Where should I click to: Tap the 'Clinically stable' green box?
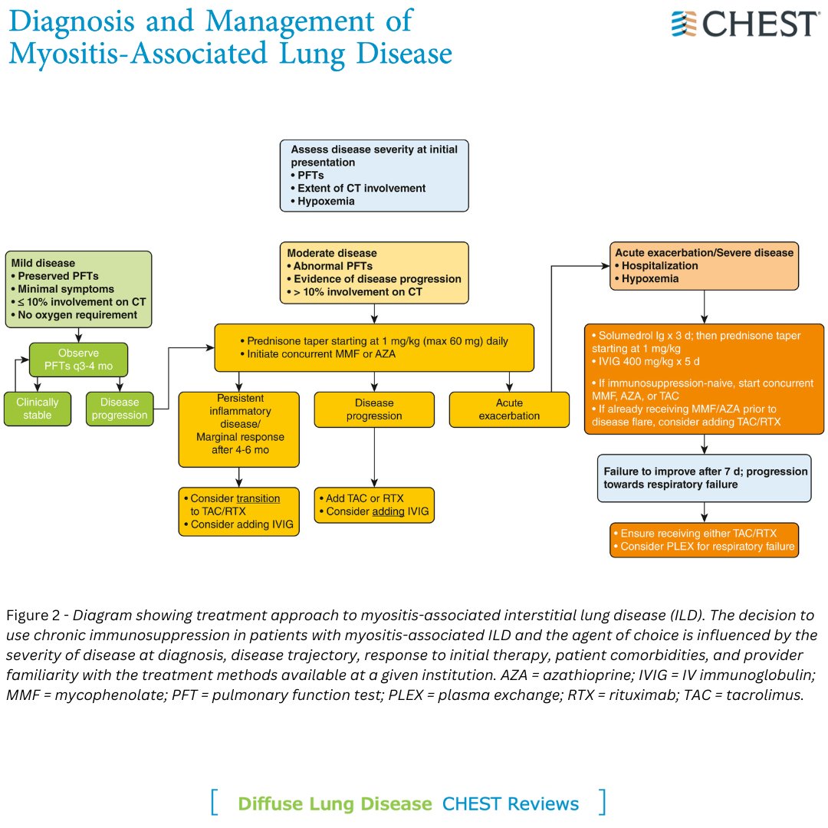point(36,409)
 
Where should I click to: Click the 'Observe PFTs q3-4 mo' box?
point(78,359)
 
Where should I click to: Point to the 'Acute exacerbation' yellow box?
point(509,409)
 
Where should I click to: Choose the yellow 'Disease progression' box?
point(374,409)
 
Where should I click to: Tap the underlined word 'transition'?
point(258,498)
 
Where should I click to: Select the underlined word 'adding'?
point(388,511)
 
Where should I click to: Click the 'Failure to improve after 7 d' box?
point(705,478)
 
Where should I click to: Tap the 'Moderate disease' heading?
point(332,252)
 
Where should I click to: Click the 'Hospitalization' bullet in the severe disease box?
point(659,265)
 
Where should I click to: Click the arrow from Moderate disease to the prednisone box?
point(374,314)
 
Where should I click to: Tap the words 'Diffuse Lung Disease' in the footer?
point(335,803)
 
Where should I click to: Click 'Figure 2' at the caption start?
point(36,616)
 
